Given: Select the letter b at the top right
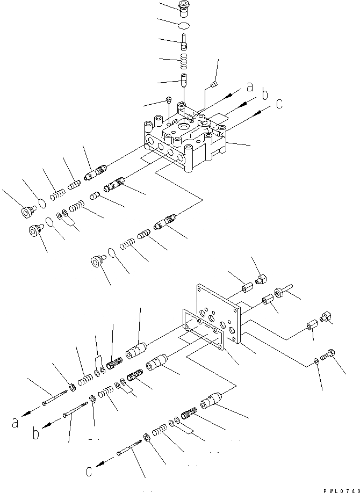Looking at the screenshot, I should (264, 95).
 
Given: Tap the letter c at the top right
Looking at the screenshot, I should (279, 103).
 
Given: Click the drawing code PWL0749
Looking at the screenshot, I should (340, 490).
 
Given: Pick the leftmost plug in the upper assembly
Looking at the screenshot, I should (25, 212).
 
